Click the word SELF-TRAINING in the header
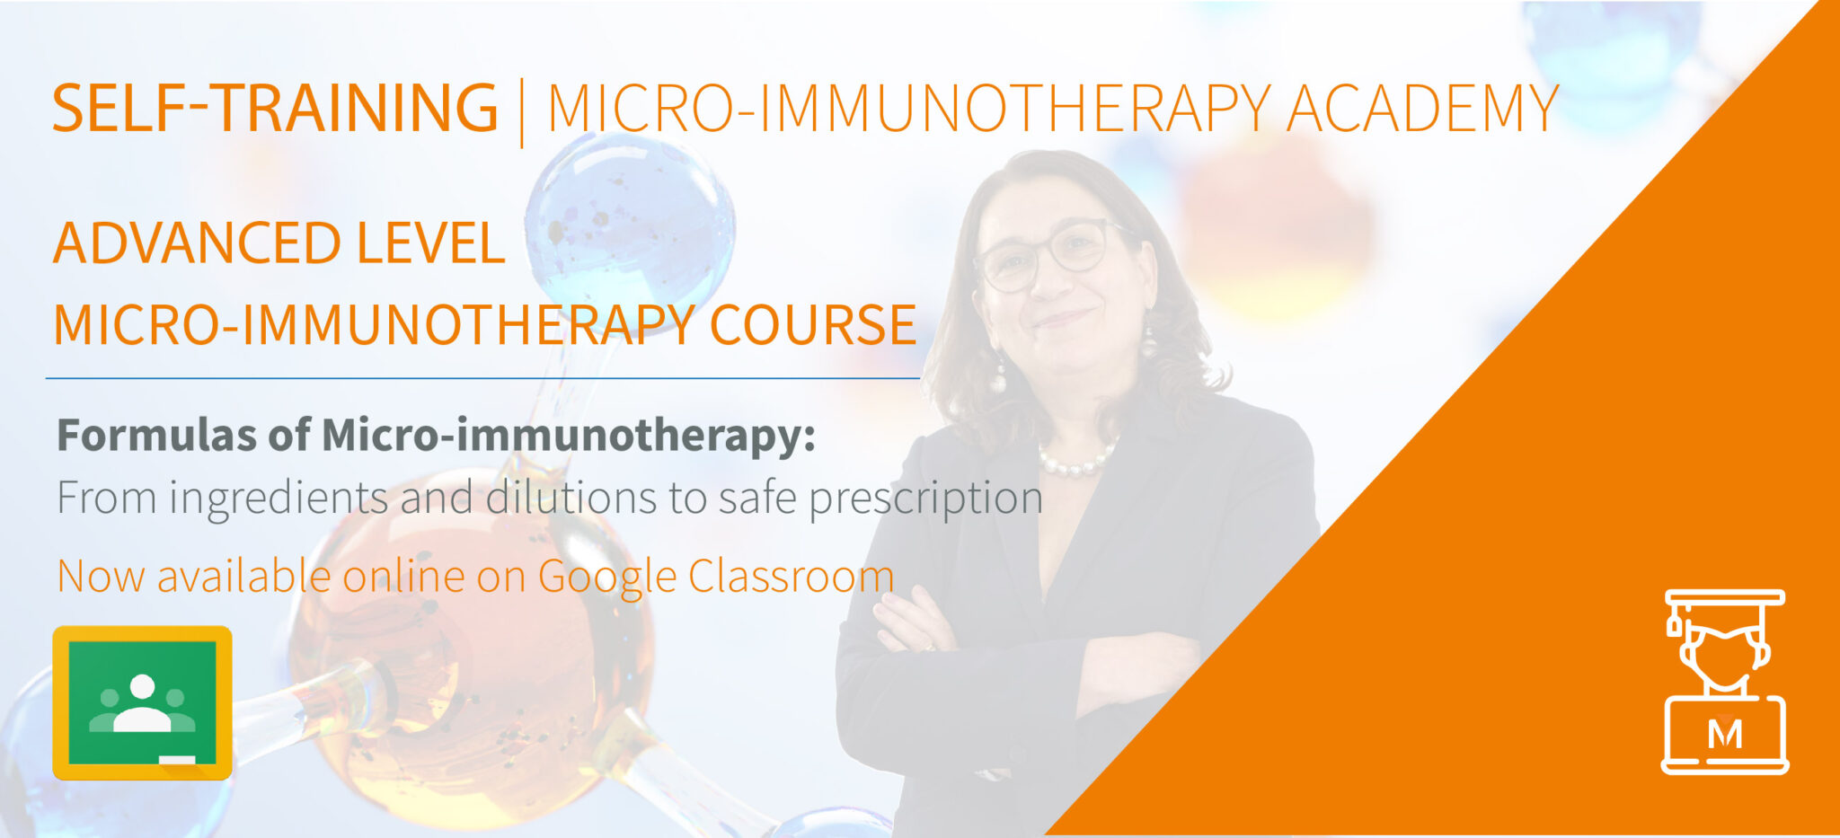click(x=275, y=108)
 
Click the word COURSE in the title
click(x=812, y=324)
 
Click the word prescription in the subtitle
click(x=925, y=498)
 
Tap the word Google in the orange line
click(x=606, y=577)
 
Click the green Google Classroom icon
click(x=143, y=702)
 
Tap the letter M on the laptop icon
click(x=1724, y=734)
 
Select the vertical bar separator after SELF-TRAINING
click(x=522, y=111)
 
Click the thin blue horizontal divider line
click(x=482, y=378)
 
